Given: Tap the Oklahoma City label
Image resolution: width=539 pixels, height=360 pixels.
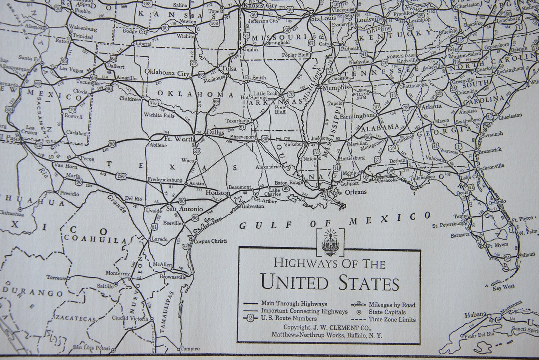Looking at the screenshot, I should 167,72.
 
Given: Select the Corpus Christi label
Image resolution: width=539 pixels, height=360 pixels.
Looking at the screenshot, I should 210,241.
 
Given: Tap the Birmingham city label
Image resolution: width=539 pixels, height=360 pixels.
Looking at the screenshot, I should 358,115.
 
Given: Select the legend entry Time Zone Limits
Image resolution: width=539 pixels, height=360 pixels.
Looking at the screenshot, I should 392,319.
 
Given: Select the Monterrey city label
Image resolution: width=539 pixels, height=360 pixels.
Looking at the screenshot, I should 118,273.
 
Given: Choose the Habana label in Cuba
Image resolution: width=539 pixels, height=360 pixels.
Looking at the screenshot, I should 475,315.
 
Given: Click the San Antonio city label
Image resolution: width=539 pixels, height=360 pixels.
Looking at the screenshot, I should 184,209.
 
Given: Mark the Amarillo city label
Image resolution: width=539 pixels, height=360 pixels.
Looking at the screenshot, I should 126,78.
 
